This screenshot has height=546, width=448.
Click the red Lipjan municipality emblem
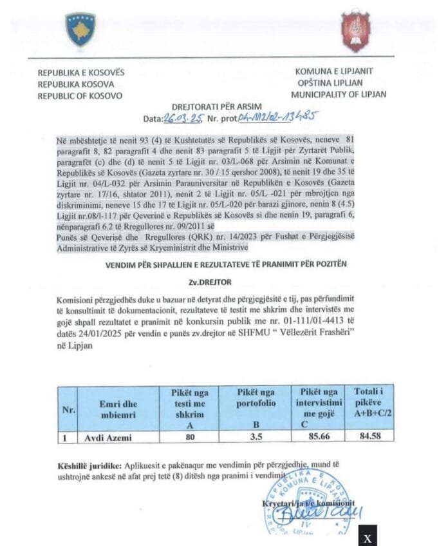click(355, 30)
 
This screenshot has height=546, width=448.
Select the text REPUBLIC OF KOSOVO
click(80, 95)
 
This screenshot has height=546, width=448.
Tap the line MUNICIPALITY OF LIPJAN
click(338, 94)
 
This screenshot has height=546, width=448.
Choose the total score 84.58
click(373, 438)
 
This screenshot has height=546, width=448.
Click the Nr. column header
click(68, 409)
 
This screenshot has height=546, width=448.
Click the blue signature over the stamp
click(331, 512)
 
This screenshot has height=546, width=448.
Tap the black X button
click(368, 537)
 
